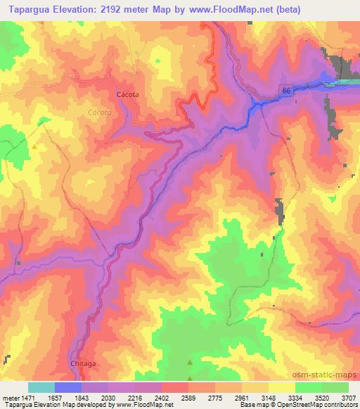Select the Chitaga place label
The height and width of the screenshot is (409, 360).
pyautogui.click(x=82, y=364)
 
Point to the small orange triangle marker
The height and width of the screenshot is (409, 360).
pyautogui.click(x=34, y=146)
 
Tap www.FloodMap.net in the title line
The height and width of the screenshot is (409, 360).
pyautogui.click(x=262, y=9)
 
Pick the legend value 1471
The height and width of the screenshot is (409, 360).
pyautogui.click(x=27, y=398)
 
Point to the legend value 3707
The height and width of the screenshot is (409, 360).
pyautogui.click(x=348, y=398)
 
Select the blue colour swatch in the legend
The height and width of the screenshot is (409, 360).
pyautogui.click(x=68, y=387)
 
